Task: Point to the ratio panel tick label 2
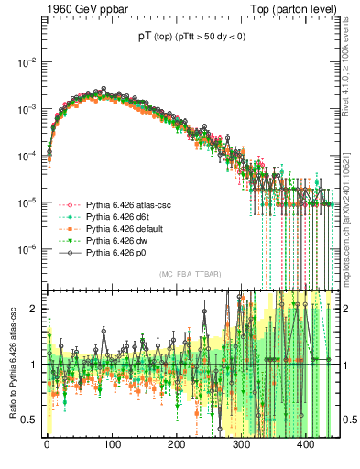click(x=34, y=309)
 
